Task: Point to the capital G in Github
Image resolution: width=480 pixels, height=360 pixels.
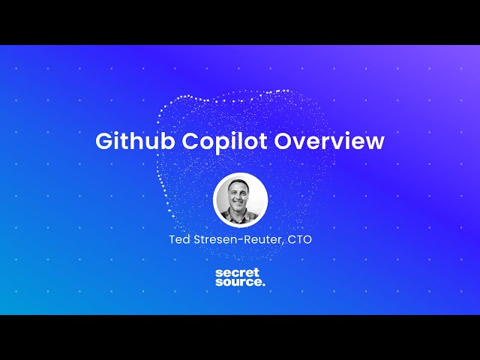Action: point(103,142)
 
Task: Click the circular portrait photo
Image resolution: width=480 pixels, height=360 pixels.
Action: point(240,199)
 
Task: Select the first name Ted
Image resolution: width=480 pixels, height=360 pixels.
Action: point(180,240)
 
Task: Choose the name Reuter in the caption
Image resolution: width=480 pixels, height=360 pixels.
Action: point(262,240)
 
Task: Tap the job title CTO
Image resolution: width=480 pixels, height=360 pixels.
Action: point(299,240)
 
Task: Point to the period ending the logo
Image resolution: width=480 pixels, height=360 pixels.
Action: point(263,286)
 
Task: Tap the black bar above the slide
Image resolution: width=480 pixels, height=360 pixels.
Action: point(240,22)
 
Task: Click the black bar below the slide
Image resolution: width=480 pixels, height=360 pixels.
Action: point(240,337)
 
